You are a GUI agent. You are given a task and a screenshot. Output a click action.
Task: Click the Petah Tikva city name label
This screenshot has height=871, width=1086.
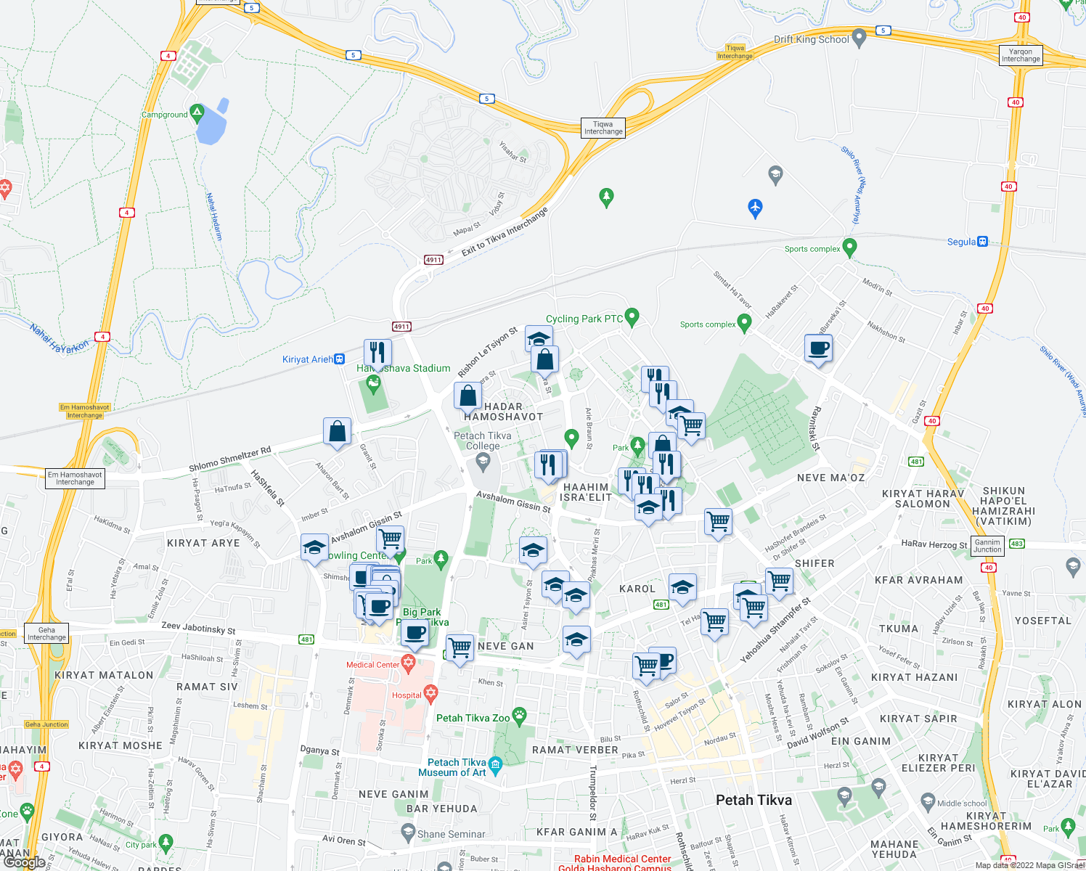click(754, 800)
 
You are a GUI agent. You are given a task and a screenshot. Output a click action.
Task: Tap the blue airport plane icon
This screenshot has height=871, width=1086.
click(755, 208)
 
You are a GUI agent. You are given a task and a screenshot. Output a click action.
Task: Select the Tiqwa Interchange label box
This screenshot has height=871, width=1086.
click(603, 128)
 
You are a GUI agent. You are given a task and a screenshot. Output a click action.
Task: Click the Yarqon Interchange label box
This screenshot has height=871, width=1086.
click(1021, 55)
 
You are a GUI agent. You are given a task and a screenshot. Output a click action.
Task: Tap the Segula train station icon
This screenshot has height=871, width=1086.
click(982, 242)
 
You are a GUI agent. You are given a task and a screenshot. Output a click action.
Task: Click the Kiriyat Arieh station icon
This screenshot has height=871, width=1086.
click(339, 359)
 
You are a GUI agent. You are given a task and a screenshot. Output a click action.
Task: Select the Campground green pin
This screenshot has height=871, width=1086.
click(196, 113)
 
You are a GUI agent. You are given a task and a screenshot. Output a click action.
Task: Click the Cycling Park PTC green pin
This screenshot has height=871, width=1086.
click(632, 316)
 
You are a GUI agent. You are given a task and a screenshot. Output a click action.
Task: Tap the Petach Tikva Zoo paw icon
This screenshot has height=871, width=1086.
click(519, 716)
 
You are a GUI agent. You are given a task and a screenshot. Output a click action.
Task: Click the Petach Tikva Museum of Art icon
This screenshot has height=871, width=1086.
click(496, 764)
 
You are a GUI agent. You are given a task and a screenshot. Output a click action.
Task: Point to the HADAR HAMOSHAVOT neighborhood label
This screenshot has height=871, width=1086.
click(503, 412)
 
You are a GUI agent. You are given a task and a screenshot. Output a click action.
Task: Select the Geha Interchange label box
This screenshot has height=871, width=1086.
click(46, 634)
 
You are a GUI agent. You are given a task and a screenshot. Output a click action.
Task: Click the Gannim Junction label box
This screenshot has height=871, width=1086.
click(987, 546)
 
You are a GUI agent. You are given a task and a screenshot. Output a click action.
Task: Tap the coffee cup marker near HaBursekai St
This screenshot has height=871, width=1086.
click(819, 348)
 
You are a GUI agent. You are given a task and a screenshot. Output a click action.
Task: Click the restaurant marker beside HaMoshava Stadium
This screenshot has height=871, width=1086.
click(377, 353)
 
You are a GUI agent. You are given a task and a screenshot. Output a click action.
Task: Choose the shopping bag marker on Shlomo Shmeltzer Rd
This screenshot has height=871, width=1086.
click(338, 431)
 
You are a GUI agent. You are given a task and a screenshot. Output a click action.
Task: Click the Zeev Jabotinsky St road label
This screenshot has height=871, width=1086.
click(198, 628)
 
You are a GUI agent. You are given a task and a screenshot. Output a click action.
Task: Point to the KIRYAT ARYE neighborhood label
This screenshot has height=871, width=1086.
click(203, 543)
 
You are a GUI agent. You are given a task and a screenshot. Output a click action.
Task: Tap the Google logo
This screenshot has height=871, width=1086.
click(25, 862)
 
